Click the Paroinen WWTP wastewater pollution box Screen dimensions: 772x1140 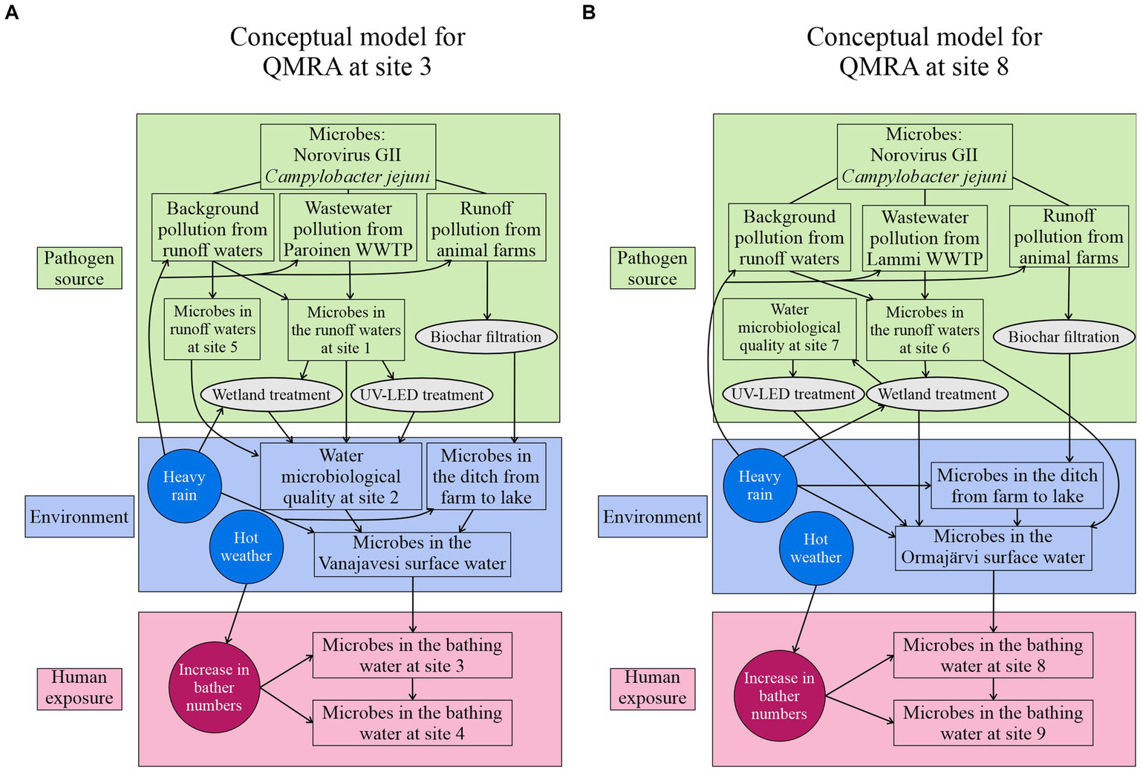[x=348, y=229]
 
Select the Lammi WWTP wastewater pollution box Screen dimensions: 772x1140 [x=925, y=238]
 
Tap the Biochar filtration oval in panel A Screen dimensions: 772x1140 [x=486, y=337]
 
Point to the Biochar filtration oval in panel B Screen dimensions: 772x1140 [x=1063, y=337]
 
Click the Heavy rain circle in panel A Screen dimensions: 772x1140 [x=184, y=486]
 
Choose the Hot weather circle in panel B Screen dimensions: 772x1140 [x=815, y=549]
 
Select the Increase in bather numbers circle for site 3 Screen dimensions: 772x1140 [x=214, y=687]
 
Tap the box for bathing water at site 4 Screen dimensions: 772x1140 [x=412, y=723]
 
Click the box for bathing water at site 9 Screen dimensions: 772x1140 [x=993, y=723]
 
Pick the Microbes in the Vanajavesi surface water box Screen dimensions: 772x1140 [x=412, y=554]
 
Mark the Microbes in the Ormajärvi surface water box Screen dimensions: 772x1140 [x=993, y=547]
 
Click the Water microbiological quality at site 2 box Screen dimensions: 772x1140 [x=341, y=477]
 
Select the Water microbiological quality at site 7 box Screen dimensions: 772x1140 [x=789, y=327]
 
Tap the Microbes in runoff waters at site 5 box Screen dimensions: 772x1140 [x=212, y=329]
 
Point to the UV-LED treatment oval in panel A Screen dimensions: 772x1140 [x=422, y=395]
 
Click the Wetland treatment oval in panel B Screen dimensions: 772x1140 [x=937, y=394]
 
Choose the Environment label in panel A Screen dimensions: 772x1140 [x=79, y=517]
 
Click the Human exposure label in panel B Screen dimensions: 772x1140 [x=652, y=688]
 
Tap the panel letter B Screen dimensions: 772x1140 [x=589, y=13]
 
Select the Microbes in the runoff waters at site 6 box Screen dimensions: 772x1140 [x=925, y=330]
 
